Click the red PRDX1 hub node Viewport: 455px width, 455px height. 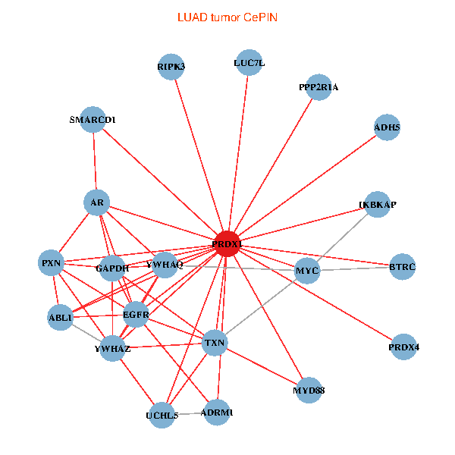click(227, 244)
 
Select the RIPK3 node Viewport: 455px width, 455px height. click(171, 67)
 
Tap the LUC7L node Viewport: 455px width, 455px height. click(249, 64)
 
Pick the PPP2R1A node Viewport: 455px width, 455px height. click(319, 87)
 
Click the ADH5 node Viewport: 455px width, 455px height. click(387, 127)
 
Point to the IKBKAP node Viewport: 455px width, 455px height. click(378, 205)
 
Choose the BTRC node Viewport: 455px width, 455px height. click(403, 267)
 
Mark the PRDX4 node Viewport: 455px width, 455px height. click(404, 347)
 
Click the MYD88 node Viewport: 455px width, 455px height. click(309, 390)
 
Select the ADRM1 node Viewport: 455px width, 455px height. click(220, 412)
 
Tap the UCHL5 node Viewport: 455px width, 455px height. click(162, 415)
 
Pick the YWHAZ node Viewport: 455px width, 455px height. click(113, 348)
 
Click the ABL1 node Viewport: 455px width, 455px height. click(60, 318)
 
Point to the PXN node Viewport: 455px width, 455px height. click(52, 263)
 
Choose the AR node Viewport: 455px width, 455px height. click(96, 202)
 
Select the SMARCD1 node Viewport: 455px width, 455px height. click(93, 119)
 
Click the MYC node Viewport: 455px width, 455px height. click(307, 271)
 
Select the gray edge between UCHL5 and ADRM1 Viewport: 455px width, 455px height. click(191, 413)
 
